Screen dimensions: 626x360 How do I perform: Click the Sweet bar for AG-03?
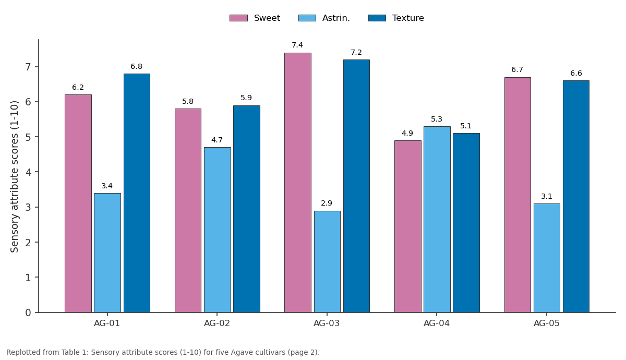[298, 183]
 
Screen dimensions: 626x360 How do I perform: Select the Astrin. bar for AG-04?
[437, 220]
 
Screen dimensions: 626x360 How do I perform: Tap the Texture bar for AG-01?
[137, 193]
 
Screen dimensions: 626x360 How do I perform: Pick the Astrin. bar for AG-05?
[547, 258]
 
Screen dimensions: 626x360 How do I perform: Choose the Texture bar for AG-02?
[246, 209]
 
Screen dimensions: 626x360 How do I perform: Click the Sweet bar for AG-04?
[408, 226]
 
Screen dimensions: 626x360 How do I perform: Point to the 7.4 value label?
[297, 45]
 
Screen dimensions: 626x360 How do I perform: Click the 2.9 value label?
[327, 203]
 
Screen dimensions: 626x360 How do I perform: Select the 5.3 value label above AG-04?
[437, 119]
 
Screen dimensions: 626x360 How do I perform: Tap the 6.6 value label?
[576, 73]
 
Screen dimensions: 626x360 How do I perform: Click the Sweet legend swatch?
[238, 18]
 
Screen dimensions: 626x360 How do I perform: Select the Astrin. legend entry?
[324, 18]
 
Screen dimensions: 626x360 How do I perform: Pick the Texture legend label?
[408, 18]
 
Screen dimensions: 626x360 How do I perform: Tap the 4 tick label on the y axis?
[28, 172]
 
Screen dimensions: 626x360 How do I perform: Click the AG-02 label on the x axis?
[217, 323]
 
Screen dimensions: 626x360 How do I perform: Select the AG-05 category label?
[547, 323]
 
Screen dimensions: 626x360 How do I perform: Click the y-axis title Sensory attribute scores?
[14, 177]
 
